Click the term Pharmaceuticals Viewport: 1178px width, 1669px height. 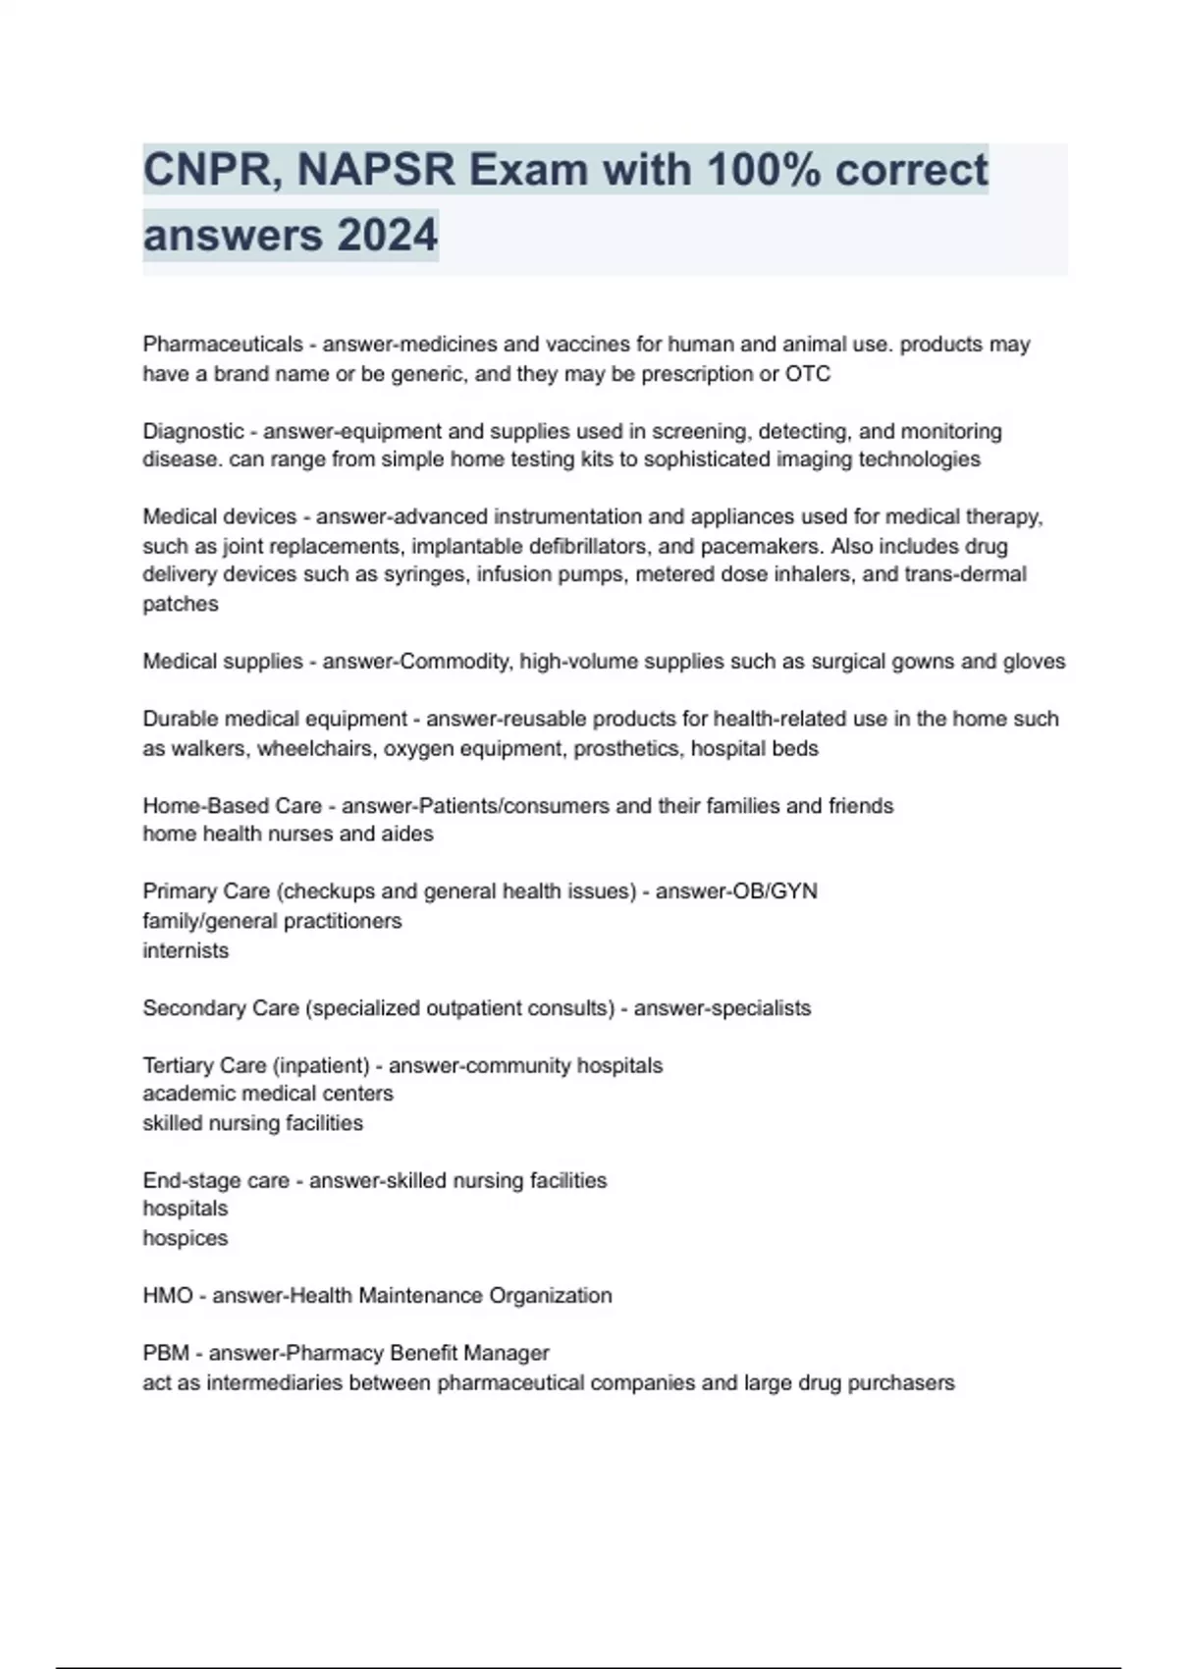(223, 345)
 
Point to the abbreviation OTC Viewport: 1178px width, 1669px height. (808, 374)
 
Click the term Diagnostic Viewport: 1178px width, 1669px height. (193, 431)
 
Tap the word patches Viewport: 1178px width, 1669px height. (181, 604)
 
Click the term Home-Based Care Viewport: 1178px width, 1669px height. (233, 806)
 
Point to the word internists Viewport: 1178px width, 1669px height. (186, 950)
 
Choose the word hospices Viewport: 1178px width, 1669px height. (185, 1238)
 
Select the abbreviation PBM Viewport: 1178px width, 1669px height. (166, 1353)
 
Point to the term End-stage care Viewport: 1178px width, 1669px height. (216, 1180)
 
